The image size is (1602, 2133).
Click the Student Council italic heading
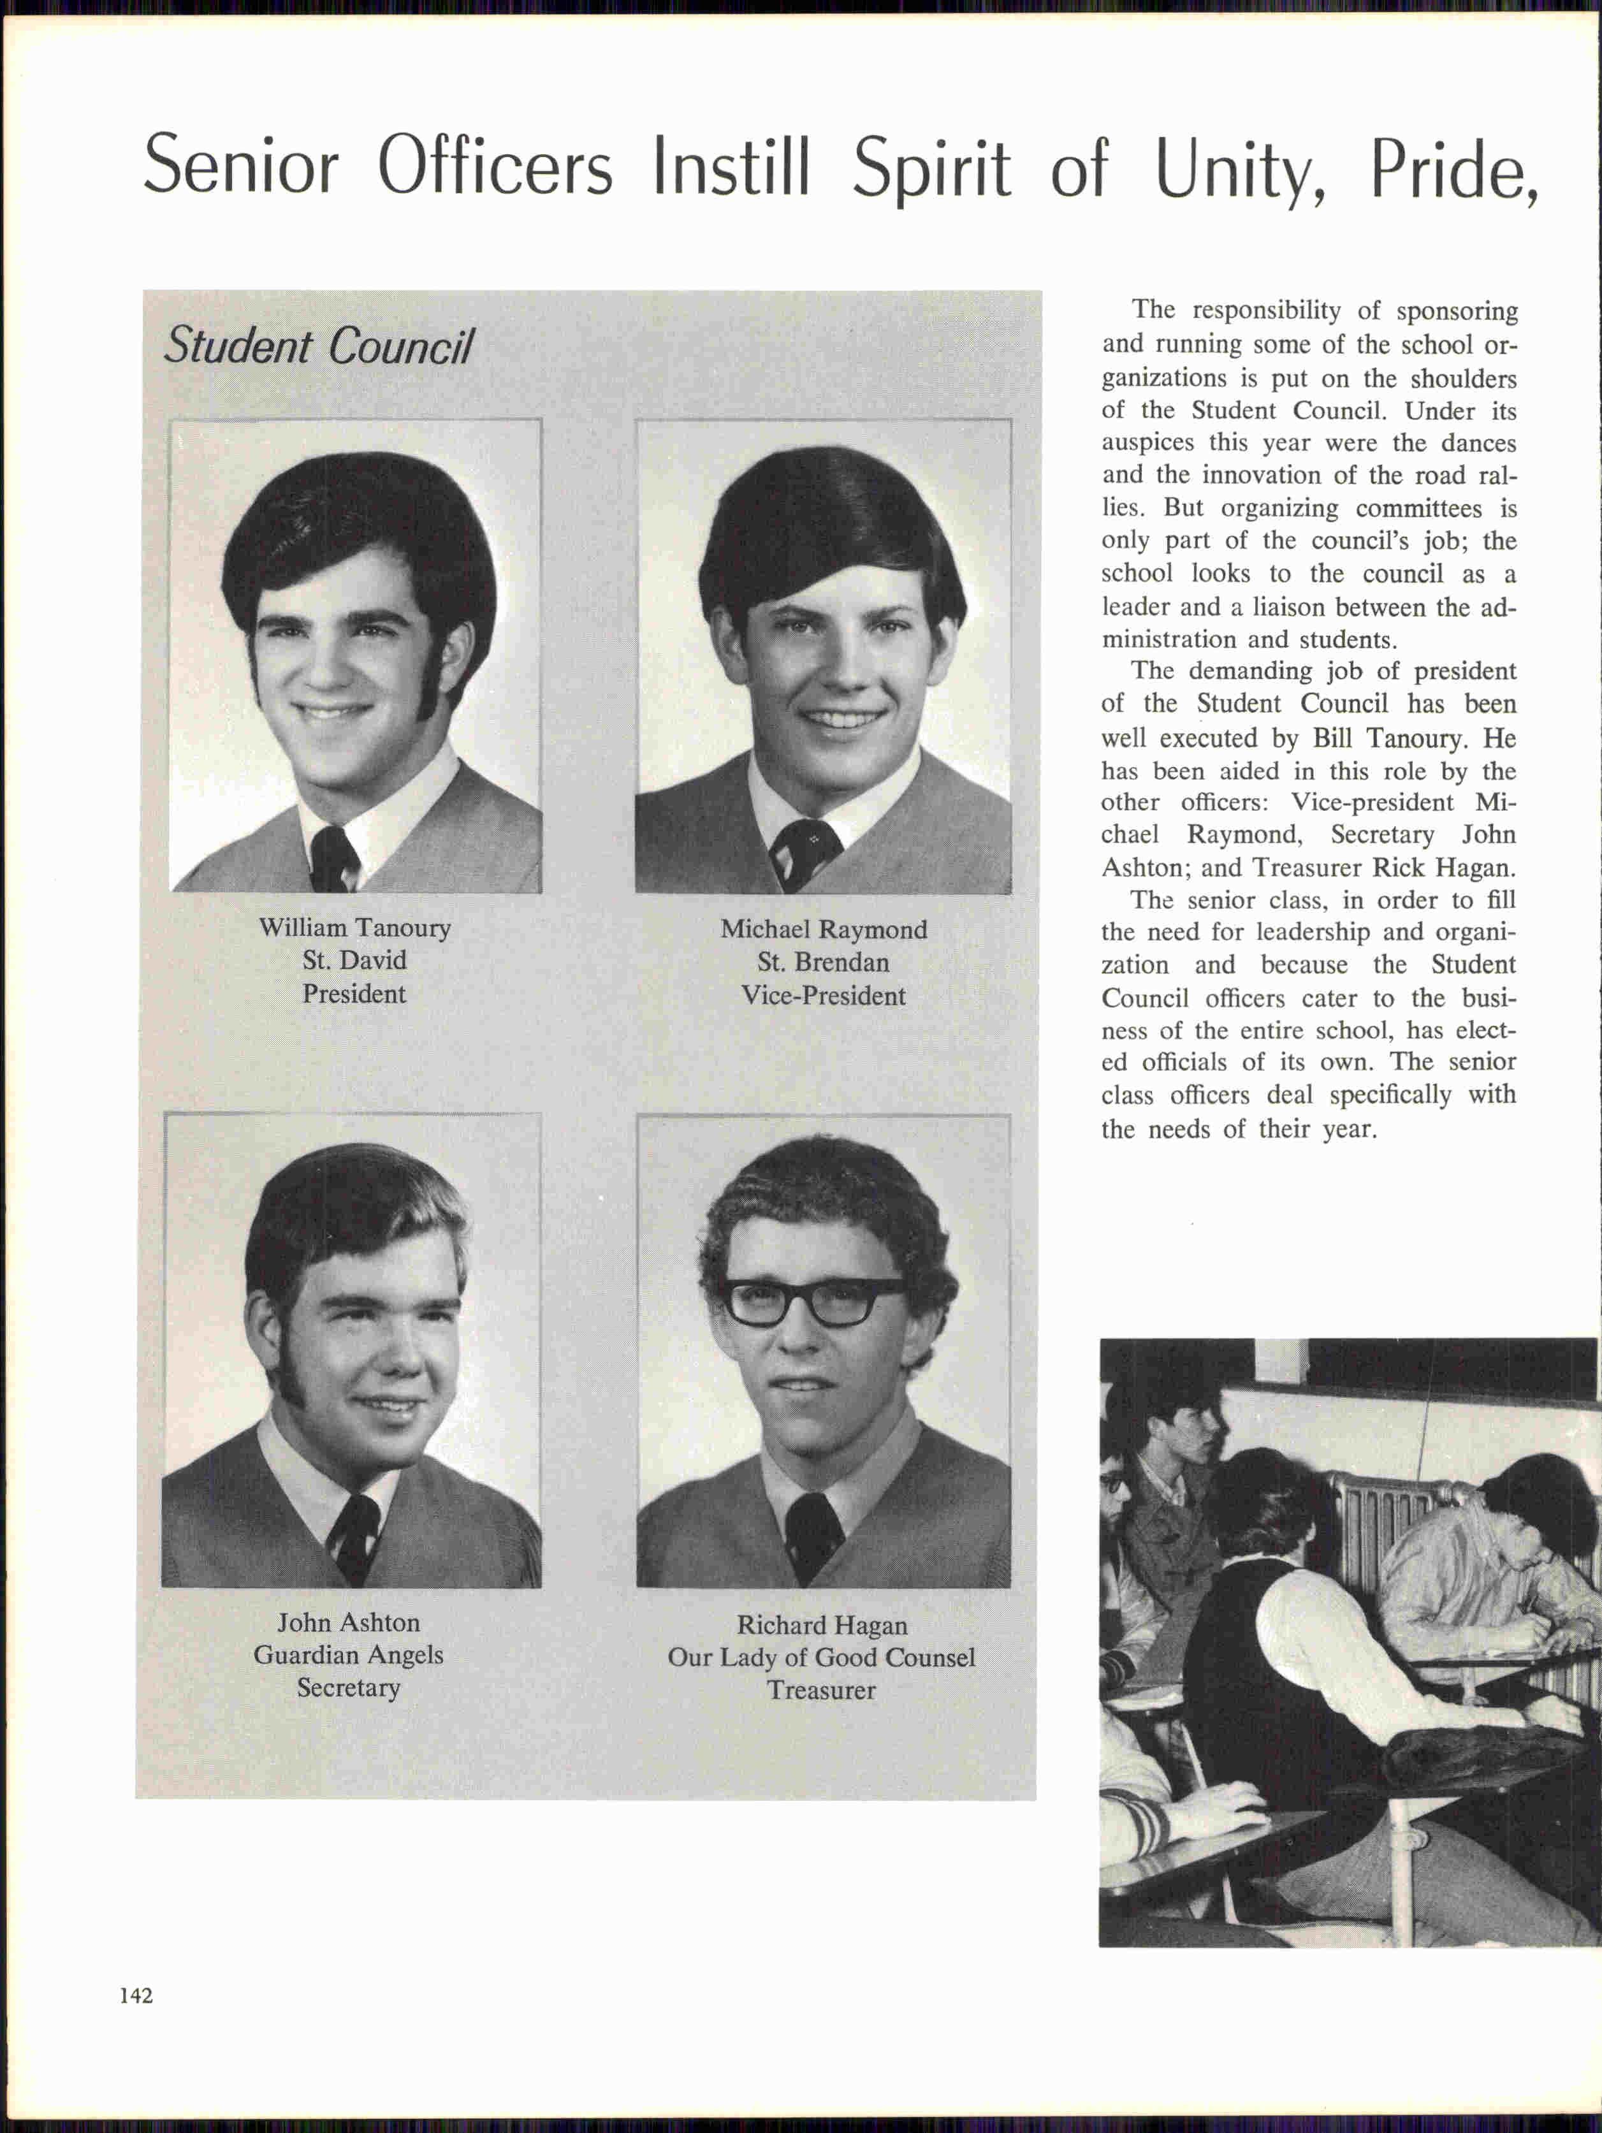pyautogui.click(x=318, y=346)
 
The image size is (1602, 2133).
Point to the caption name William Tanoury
pyautogui.click(x=354, y=928)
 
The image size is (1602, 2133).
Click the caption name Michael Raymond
pyautogui.click(x=824, y=929)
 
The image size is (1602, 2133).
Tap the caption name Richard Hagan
pyautogui.click(x=822, y=1625)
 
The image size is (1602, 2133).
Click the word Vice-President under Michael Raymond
pyautogui.click(x=824, y=995)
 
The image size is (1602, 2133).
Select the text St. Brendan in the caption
pyautogui.click(x=824, y=963)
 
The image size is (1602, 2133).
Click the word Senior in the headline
pyautogui.click(x=241, y=166)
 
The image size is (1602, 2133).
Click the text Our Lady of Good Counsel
pyautogui.click(x=822, y=1657)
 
